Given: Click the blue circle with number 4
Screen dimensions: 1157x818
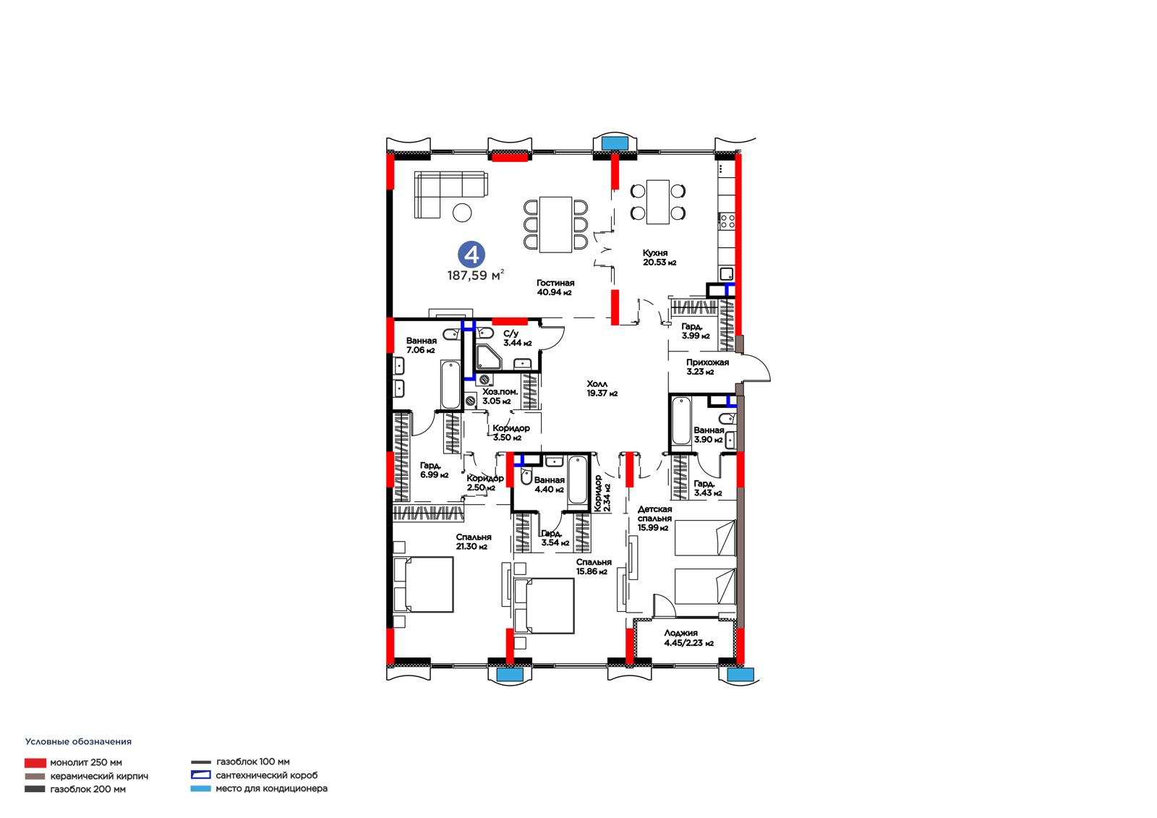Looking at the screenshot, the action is [x=471, y=255].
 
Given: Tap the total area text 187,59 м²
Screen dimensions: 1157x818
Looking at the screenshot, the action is [x=475, y=275].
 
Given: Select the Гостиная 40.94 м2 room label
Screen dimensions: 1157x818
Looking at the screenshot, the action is [x=555, y=287].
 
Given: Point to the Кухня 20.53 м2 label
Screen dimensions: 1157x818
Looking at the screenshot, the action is [x=659, y=257].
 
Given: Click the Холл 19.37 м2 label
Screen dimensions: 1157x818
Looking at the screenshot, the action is [x=602, y=388].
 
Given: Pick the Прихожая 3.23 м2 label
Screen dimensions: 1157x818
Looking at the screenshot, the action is [x=707, y=367].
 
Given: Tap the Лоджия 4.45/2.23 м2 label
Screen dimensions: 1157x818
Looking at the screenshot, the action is [x=688, y=638].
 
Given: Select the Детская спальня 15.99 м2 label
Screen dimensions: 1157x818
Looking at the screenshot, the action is [x=655, y=519].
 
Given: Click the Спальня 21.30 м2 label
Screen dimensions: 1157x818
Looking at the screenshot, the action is [x=473, y=542].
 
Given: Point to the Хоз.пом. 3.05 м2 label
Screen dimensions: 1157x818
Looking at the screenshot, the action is [x=500, y=396].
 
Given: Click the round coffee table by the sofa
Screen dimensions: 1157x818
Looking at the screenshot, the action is [x=462, y=213].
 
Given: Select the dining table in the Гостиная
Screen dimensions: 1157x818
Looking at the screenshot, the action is [x=555, y=224].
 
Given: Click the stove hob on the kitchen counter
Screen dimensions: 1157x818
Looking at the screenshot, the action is [x=727, y=221].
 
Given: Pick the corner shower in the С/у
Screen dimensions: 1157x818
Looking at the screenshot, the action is [x=488, y=357].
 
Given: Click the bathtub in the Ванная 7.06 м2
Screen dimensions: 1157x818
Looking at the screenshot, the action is [x=451, y=385].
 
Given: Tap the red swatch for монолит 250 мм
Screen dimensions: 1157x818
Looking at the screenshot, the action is [x=35, y=763].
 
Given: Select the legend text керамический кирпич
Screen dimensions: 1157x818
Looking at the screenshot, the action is [x=99, y=776].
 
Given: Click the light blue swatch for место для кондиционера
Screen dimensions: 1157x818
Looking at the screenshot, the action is [x=200, y=788].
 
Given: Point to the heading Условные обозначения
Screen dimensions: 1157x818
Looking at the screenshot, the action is [x=79, y=741].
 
